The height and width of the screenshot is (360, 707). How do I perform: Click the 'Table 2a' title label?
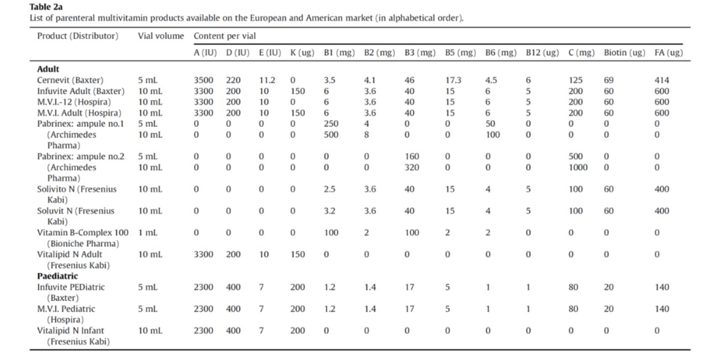click(46, 7)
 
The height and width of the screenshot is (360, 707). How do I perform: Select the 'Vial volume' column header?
click(160, 36)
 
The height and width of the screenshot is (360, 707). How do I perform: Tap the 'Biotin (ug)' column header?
click(624, 52)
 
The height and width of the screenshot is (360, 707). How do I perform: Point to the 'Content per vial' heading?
click(225, 36)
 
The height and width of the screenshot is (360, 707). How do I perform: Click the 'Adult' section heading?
click(48, 69)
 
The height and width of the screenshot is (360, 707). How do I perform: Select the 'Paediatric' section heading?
click(58, 276)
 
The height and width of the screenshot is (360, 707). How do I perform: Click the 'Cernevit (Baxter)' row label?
click(69, 80)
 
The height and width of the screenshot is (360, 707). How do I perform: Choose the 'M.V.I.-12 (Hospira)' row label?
click(73, 102)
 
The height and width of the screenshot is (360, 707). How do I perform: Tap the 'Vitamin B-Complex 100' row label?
click(82, 233)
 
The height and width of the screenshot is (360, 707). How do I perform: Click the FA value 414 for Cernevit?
click(661, 80)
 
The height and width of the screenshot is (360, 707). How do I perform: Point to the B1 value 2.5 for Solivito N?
click(330, 189)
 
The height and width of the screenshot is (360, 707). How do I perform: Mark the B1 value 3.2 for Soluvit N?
click(330, 211)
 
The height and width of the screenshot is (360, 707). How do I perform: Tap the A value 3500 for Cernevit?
click(204, 80)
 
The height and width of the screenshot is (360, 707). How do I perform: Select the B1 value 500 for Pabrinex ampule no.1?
click(331, 135)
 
